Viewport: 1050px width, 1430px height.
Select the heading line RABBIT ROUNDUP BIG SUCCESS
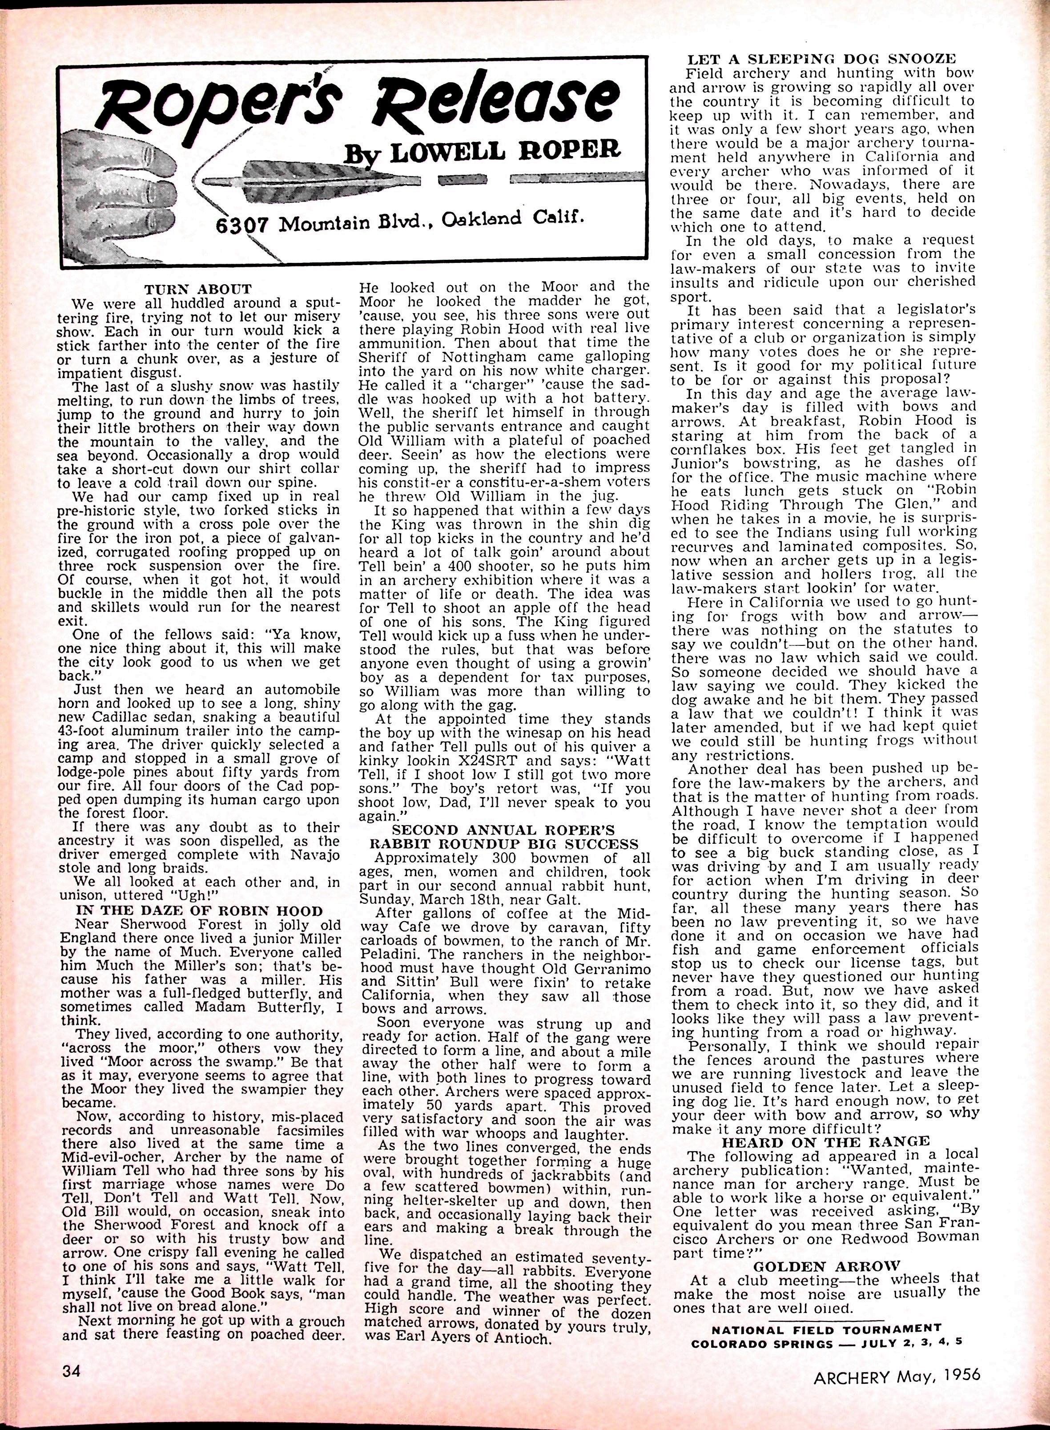506,844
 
